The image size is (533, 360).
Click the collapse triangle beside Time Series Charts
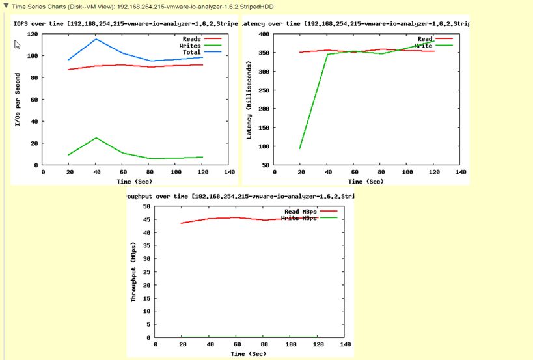click(x=5, y=7)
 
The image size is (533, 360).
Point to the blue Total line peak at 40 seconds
click(x=96, y=39)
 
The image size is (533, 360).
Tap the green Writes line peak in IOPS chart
click(x=96, y=138)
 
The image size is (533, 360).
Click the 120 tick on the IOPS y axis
click(x=32, y=34)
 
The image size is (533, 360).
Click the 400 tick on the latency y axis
click(x=263, y=34)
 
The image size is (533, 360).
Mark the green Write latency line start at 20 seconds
click(x=300, y=148)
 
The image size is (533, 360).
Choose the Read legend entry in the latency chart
click(x=424, y=39)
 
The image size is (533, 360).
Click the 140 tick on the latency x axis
click(x=461, y=173)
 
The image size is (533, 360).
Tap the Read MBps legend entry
click(x=301, y=212)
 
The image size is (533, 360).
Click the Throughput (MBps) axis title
click(x=134, y=277)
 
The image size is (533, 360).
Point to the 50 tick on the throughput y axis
click(x=146, y=206)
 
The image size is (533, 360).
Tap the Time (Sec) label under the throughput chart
click(x=247, y=353)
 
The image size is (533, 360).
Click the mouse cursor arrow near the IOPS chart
click(x=18, y=45)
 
